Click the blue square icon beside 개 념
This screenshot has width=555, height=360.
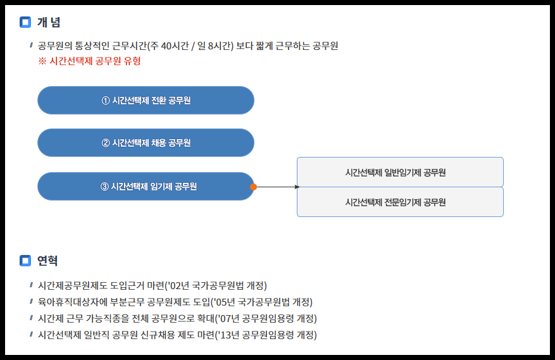coord(25,23)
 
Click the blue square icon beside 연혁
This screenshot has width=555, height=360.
coord(25,260)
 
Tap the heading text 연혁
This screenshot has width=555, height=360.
coord(47,260)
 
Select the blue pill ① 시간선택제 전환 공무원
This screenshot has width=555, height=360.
coord(146,101)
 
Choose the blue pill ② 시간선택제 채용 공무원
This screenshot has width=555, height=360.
coord(146,143)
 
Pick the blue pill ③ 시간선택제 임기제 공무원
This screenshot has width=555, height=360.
coord(146,186)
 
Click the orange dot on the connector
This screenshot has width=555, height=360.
coord(253,187)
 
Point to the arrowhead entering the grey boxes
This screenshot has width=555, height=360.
coord(297,187)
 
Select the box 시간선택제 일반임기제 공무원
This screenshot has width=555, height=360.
coord(400,172)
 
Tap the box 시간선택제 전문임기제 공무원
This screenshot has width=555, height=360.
coord(400,202)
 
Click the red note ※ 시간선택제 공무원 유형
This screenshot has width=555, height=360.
coord(89,61)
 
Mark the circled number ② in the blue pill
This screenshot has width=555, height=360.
coord(106,143)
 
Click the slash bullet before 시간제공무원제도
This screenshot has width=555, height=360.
coord(31,285)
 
